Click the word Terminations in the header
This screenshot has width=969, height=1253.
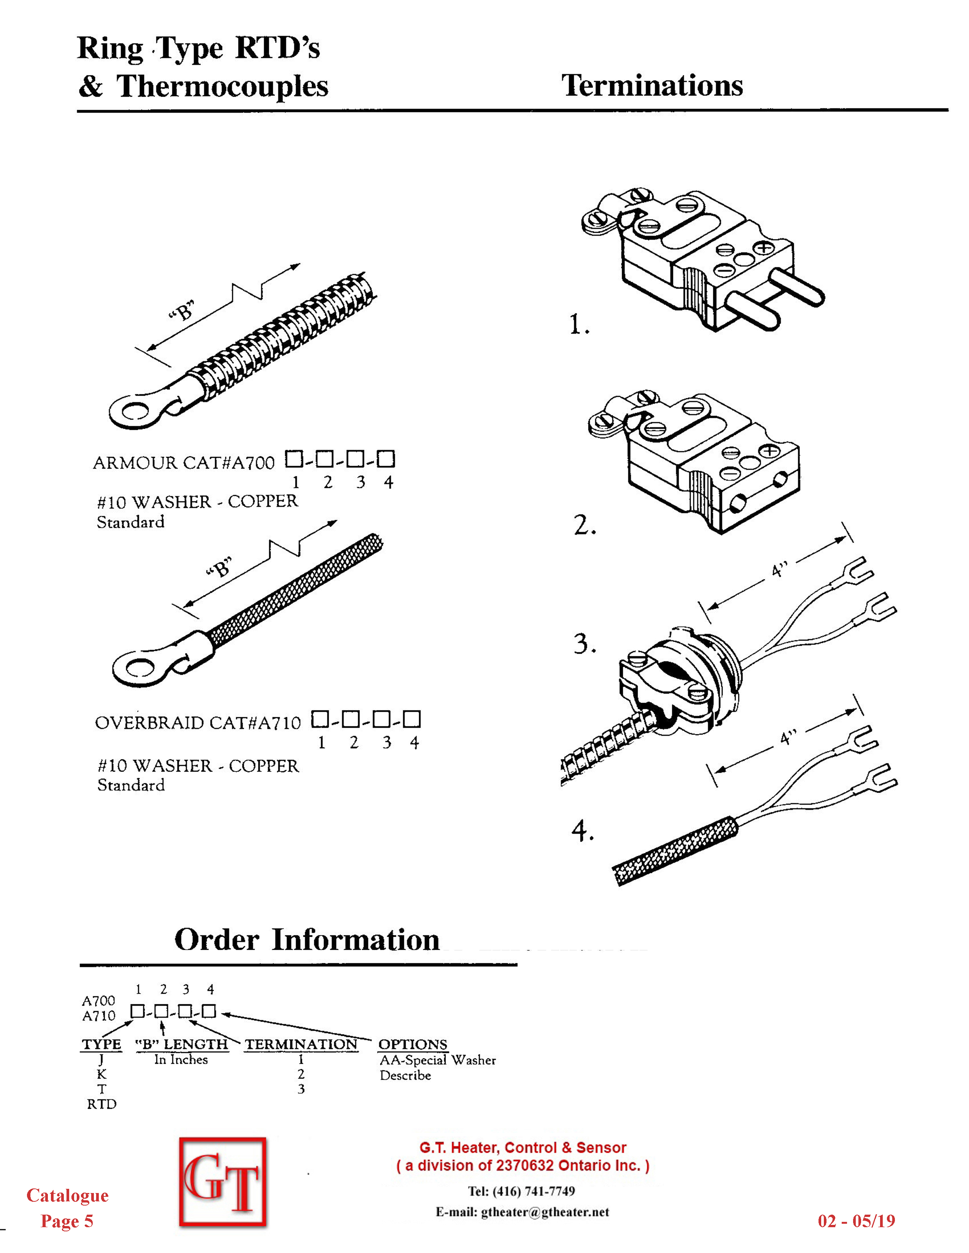click(652, 85)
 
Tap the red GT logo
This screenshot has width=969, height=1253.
click(223, 1182)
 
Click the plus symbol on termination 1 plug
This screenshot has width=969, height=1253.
click(763, 248)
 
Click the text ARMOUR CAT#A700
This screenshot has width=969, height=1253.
click(184, 462)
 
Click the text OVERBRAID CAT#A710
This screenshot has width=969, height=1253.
click(198, 723)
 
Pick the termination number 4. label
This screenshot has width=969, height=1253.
click(583, 831)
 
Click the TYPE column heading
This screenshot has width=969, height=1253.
click(101, 1044)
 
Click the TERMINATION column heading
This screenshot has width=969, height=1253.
click(301, 1044)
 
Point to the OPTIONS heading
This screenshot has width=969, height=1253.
click(413, 1044)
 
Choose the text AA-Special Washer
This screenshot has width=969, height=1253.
click(437, 1060)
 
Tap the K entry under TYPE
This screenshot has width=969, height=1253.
click(101, 1074)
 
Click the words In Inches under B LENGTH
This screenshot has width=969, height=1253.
click(181, 1059)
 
